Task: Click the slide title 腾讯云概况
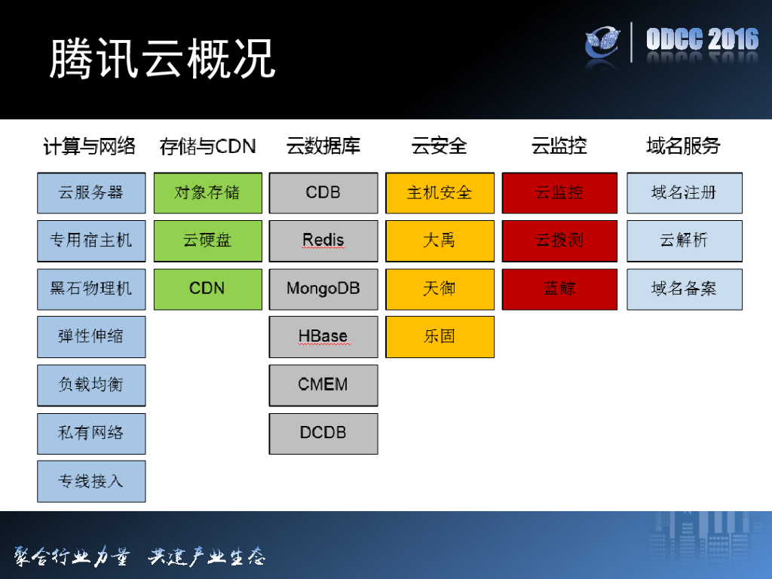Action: pyautogui.click(x=162, y=58)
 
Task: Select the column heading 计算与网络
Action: pyautogui.click(x=89, y=146)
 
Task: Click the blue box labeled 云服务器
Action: pyautogui.click(x=91, y=193)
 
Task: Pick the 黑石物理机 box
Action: pyautogui.click(x=91, y=289)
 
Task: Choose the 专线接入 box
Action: pyautogui.click(x=91, y=481)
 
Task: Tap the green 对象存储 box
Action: pyautogui.click(x=207, y=193)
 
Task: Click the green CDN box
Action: pyautogui.click(x=207, y=289)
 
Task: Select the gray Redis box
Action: pyautogui.click(x=323, y=241)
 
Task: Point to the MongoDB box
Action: pyautogui.click(x=323, y=289)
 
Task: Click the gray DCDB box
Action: pyautogui.click(x=323, y=433)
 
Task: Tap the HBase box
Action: pyautogui.click(x=323, y=337)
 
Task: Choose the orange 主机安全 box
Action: pyautogui.click(x=440, y=193)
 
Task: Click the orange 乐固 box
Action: pyautogui.click(x=440, y=337)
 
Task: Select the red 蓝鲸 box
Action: pyautogui.click(x=559, y=289)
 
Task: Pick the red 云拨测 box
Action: pyautogui.click(x=559, y=241)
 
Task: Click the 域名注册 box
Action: pyautogui.click(x=684, y=193)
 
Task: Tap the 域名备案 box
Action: pyautogui.click(x=684, y=289)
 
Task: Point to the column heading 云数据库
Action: pyautogui.click(x=323, y=146)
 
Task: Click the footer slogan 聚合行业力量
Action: pyautogui.click(x=72, y=557)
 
